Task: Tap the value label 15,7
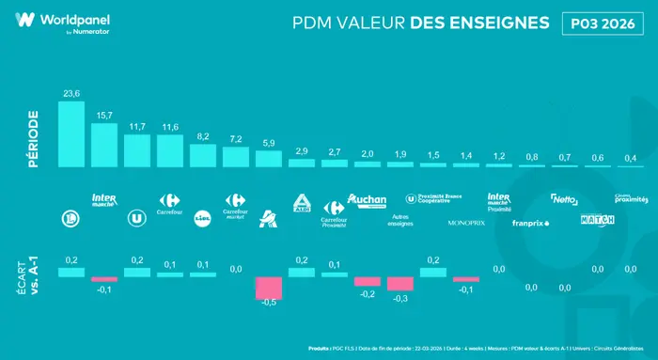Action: (x=104, y=115)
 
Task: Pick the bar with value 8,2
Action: (x=203, y=155)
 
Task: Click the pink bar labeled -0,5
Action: (x=269, y=288)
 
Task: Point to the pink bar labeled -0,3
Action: (x=400, y=284)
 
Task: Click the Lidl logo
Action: (x=203, y=218)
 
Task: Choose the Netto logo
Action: (x=564, y=199)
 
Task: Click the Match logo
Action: (x=597, y=219)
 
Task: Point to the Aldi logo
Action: (x=302, y=201)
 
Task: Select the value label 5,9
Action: (x=269, y=142)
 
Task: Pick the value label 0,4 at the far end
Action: (x=629, y=157)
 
